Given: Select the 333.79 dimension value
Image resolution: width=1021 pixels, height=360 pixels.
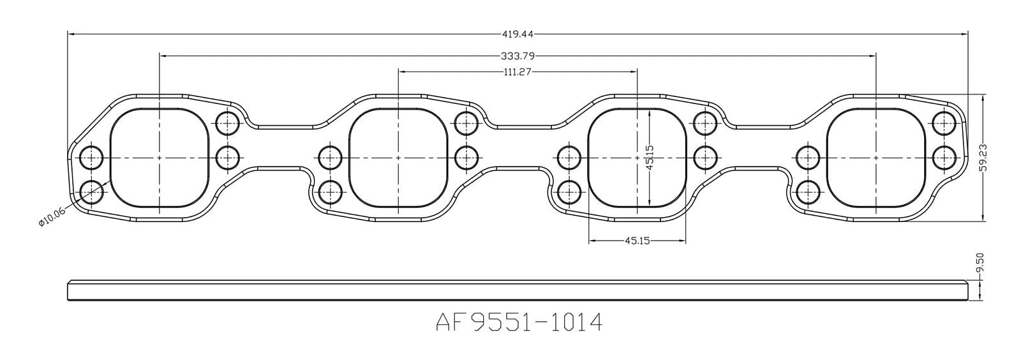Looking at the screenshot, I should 518,56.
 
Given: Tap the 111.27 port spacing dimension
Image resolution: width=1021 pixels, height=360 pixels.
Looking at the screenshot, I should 518,71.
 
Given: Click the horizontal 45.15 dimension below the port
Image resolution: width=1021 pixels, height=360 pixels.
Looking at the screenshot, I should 636,241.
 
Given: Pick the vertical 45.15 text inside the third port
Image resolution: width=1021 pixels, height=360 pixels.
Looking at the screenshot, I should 649,157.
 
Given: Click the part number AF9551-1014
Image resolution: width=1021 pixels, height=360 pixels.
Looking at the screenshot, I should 519,322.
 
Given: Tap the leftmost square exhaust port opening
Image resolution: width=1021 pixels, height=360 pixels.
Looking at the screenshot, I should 160,158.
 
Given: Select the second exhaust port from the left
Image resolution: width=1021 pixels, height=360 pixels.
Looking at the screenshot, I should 398,158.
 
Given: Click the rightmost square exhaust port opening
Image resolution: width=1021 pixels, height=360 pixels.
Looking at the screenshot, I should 876,158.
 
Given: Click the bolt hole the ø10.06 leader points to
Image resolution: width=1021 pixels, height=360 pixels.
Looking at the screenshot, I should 92,190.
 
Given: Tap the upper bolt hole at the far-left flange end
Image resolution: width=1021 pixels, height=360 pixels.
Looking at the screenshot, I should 92,156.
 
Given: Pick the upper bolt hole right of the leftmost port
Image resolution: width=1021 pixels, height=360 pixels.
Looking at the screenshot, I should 227,121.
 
